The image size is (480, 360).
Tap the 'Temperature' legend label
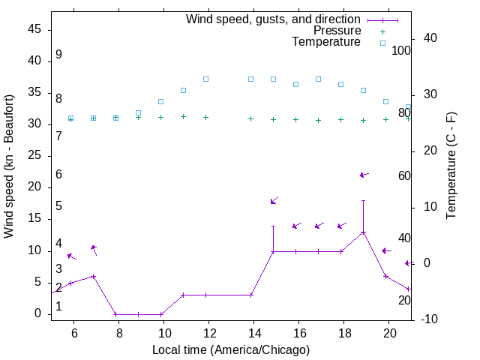(326, 42)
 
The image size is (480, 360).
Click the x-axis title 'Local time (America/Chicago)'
(231, 349)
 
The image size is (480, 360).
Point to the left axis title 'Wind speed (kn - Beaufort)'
(9, 166)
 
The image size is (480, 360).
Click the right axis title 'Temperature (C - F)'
(451, 166)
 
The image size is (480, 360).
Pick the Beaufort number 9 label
(58, 55)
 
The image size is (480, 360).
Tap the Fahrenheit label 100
(401, 51)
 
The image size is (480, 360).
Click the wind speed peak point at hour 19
(364, 232)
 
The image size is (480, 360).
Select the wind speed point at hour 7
(94, 276)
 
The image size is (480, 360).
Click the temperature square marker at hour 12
(205, 79)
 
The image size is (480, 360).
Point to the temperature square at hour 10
(160, 101)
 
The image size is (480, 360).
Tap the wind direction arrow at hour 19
(364, 175)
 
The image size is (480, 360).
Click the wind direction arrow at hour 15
(274, 200)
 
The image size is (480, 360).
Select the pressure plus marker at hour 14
(250, 118)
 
